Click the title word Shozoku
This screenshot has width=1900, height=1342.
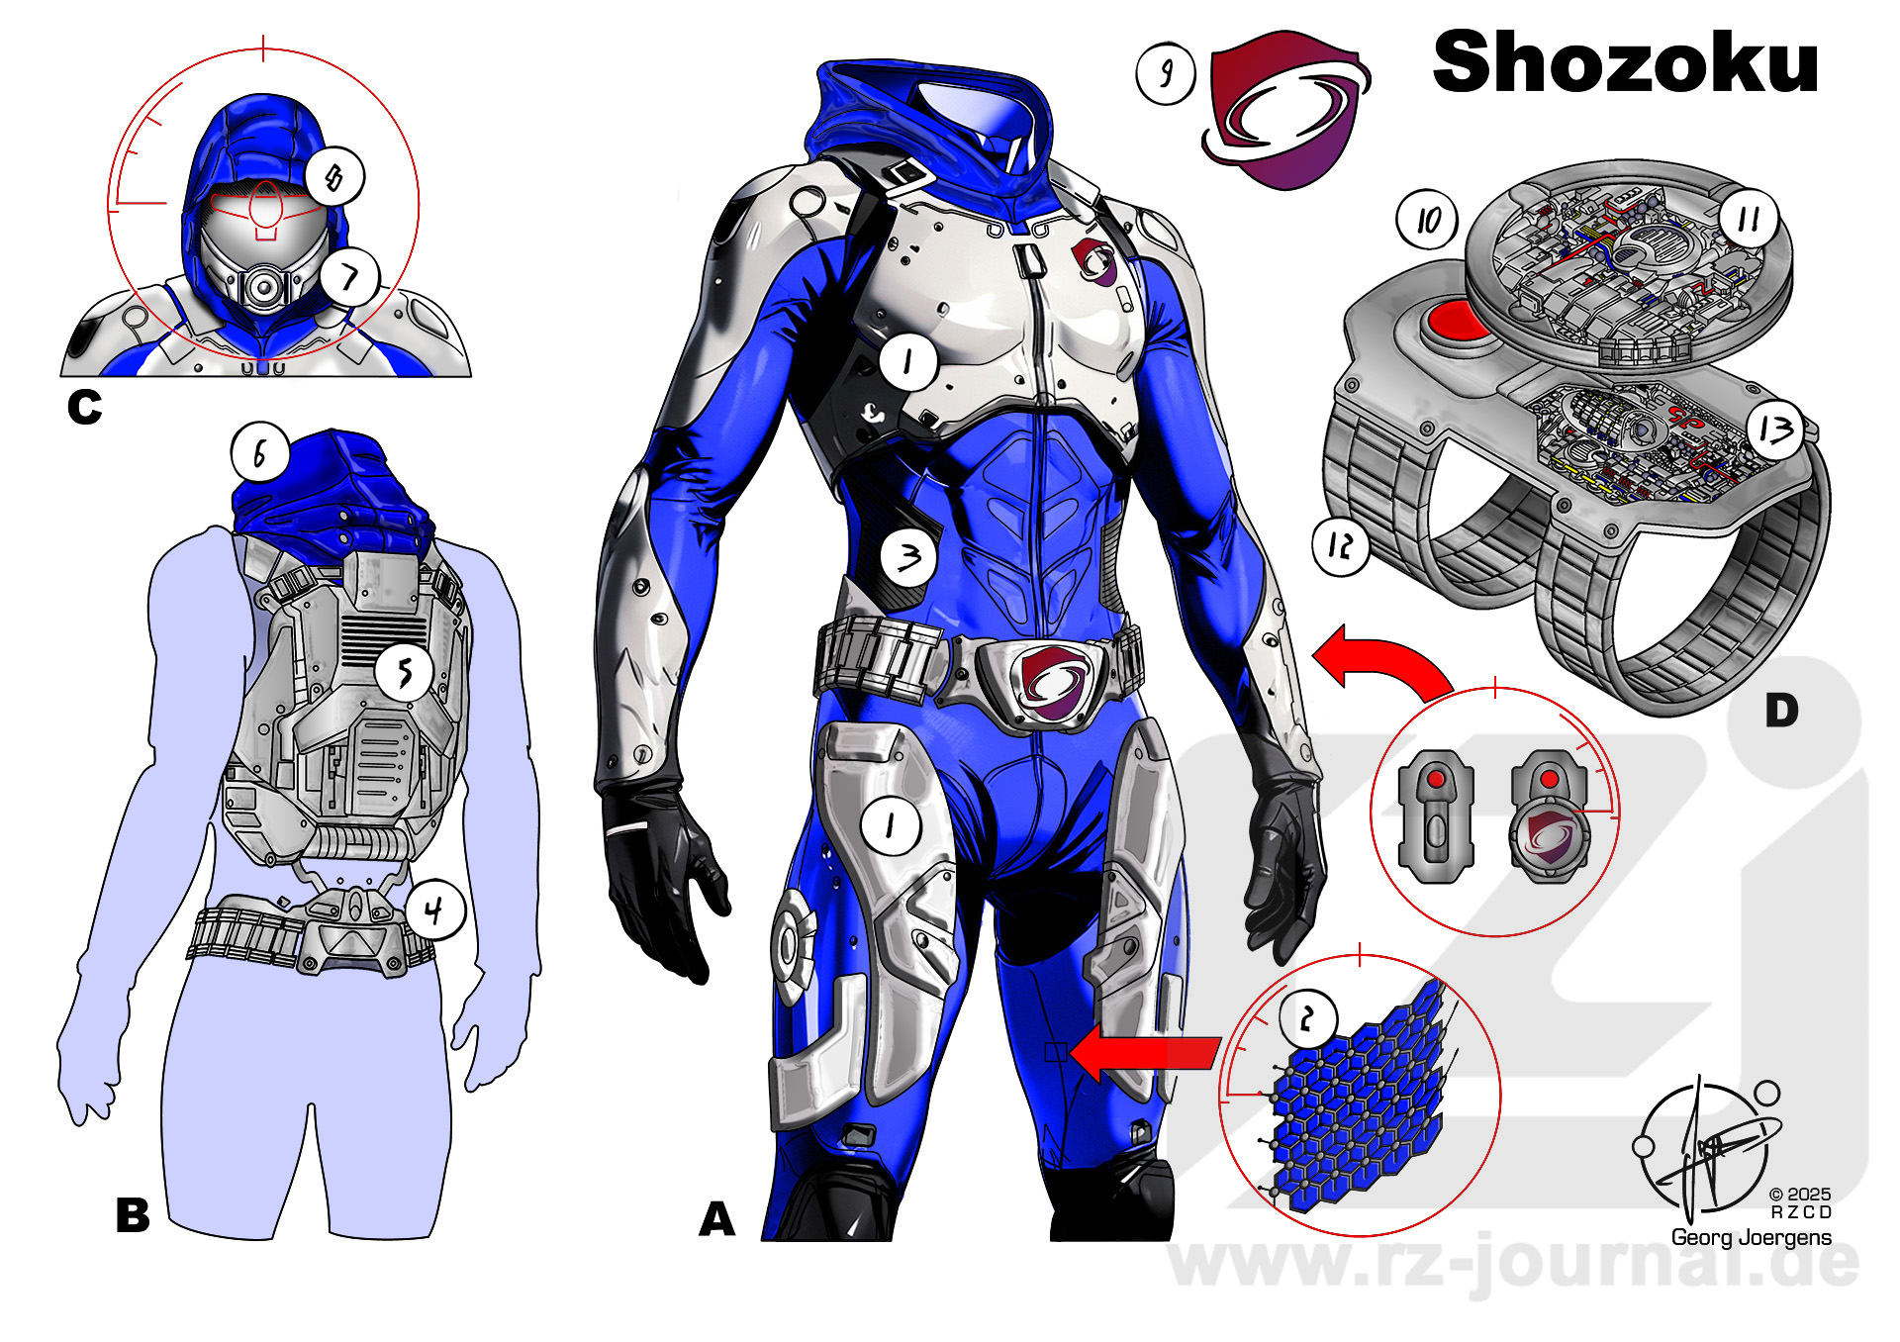coord(1625,62)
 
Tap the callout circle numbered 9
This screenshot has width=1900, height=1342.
coord(1166,73)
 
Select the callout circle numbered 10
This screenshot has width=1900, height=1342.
coord(1426,220)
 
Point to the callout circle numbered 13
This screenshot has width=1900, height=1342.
coord(1776,431)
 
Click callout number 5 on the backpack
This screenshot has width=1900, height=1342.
coord(405,673)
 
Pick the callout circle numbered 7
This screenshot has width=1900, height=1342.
coord(350,277)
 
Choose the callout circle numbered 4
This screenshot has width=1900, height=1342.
coord(434,910)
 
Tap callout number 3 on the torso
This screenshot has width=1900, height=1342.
coord(909,557)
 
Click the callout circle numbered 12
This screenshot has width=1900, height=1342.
coord(1341,545)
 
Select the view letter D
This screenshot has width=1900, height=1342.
coord(1781,711)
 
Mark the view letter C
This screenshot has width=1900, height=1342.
coord(84,407)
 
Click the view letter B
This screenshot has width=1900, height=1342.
coord(133,1215)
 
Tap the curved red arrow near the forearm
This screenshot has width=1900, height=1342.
coord(1382,662)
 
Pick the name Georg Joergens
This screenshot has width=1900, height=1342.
coord(1751,1237)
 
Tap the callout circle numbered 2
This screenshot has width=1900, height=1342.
coord(1308,1017)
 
